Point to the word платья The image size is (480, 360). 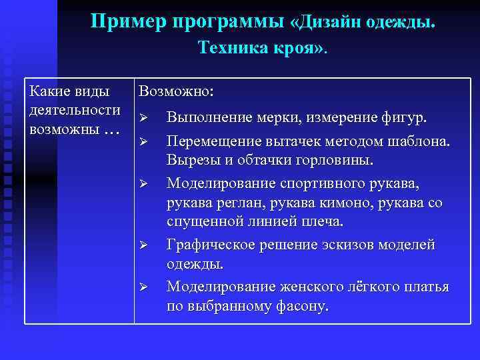427,287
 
